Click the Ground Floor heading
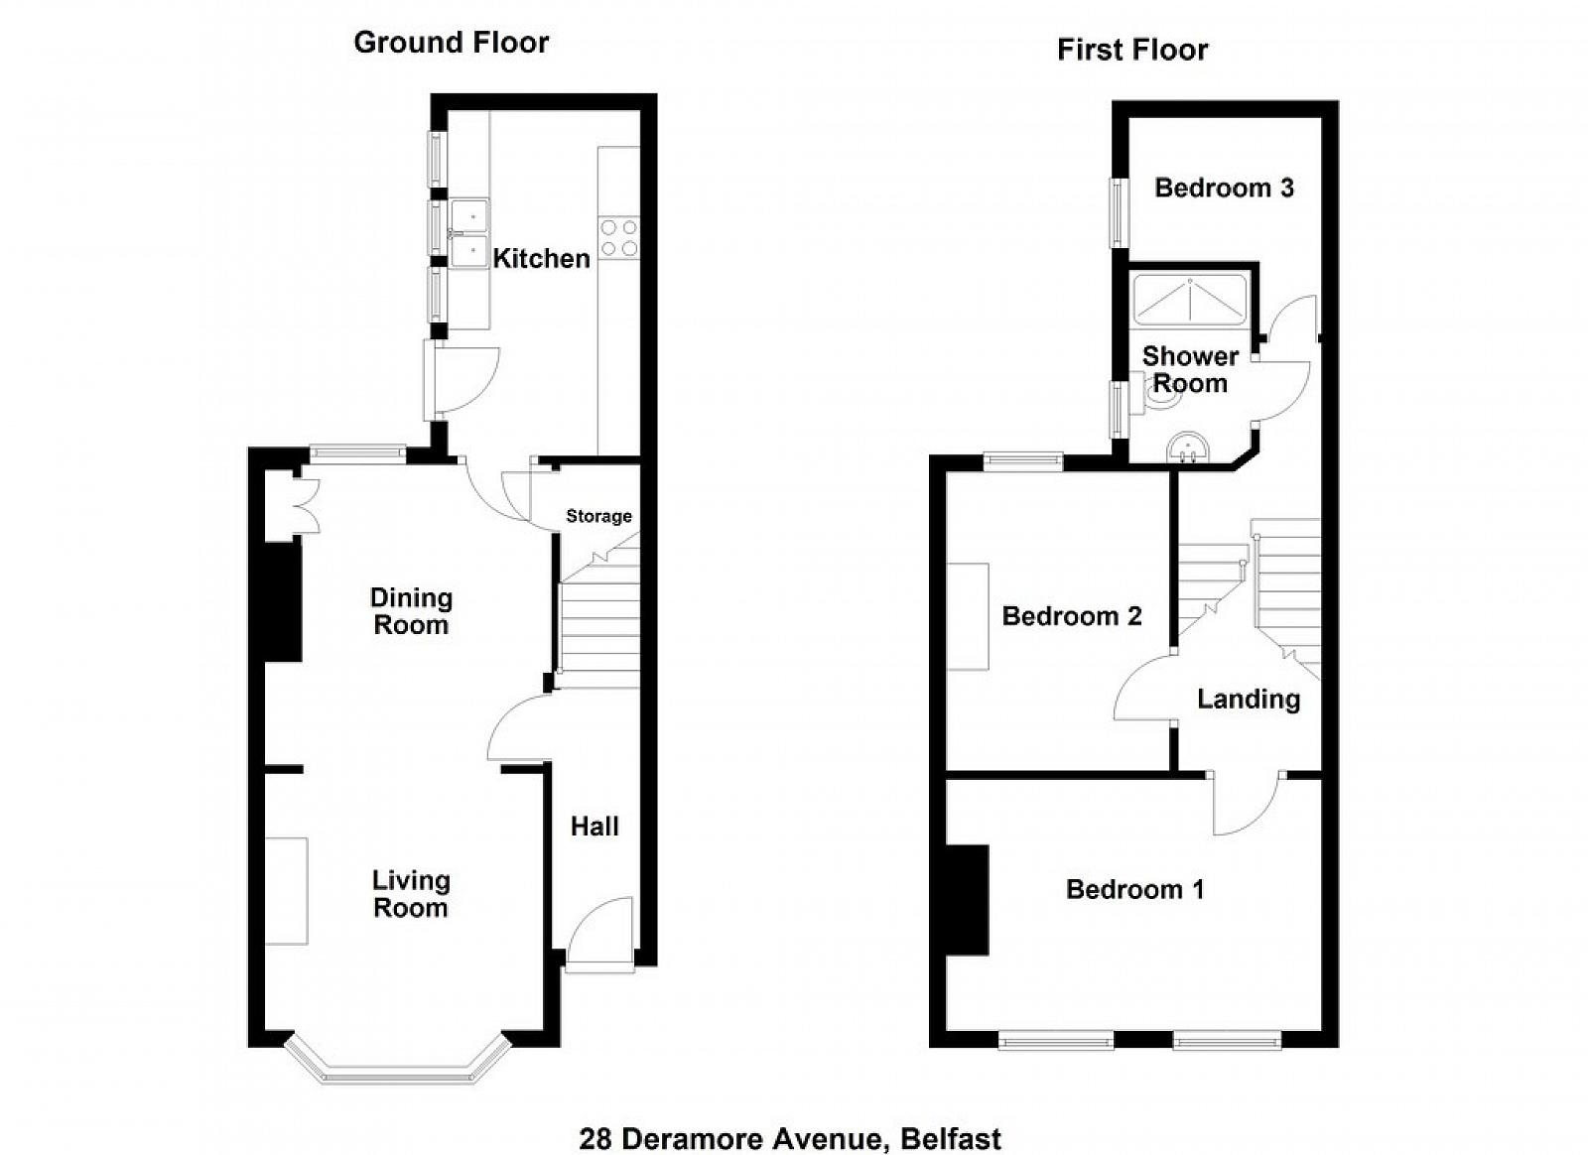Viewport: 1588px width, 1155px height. point(451,43)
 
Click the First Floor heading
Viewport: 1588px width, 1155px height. point(1132,50)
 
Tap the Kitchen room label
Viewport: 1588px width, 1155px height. point(542,259)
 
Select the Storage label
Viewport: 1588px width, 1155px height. point(599,516)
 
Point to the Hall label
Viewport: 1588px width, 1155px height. point(595,827)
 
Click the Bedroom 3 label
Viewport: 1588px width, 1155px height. point(1225,188)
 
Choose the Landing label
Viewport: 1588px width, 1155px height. point(1250,700)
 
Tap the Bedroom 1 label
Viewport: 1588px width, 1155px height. point(1135,889)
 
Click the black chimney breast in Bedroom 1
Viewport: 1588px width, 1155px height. point(968,900)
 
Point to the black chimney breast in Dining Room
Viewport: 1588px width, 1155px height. point(284,602)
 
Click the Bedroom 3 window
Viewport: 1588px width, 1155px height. point(1119,212)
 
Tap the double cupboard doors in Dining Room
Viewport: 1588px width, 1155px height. point(310,506)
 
